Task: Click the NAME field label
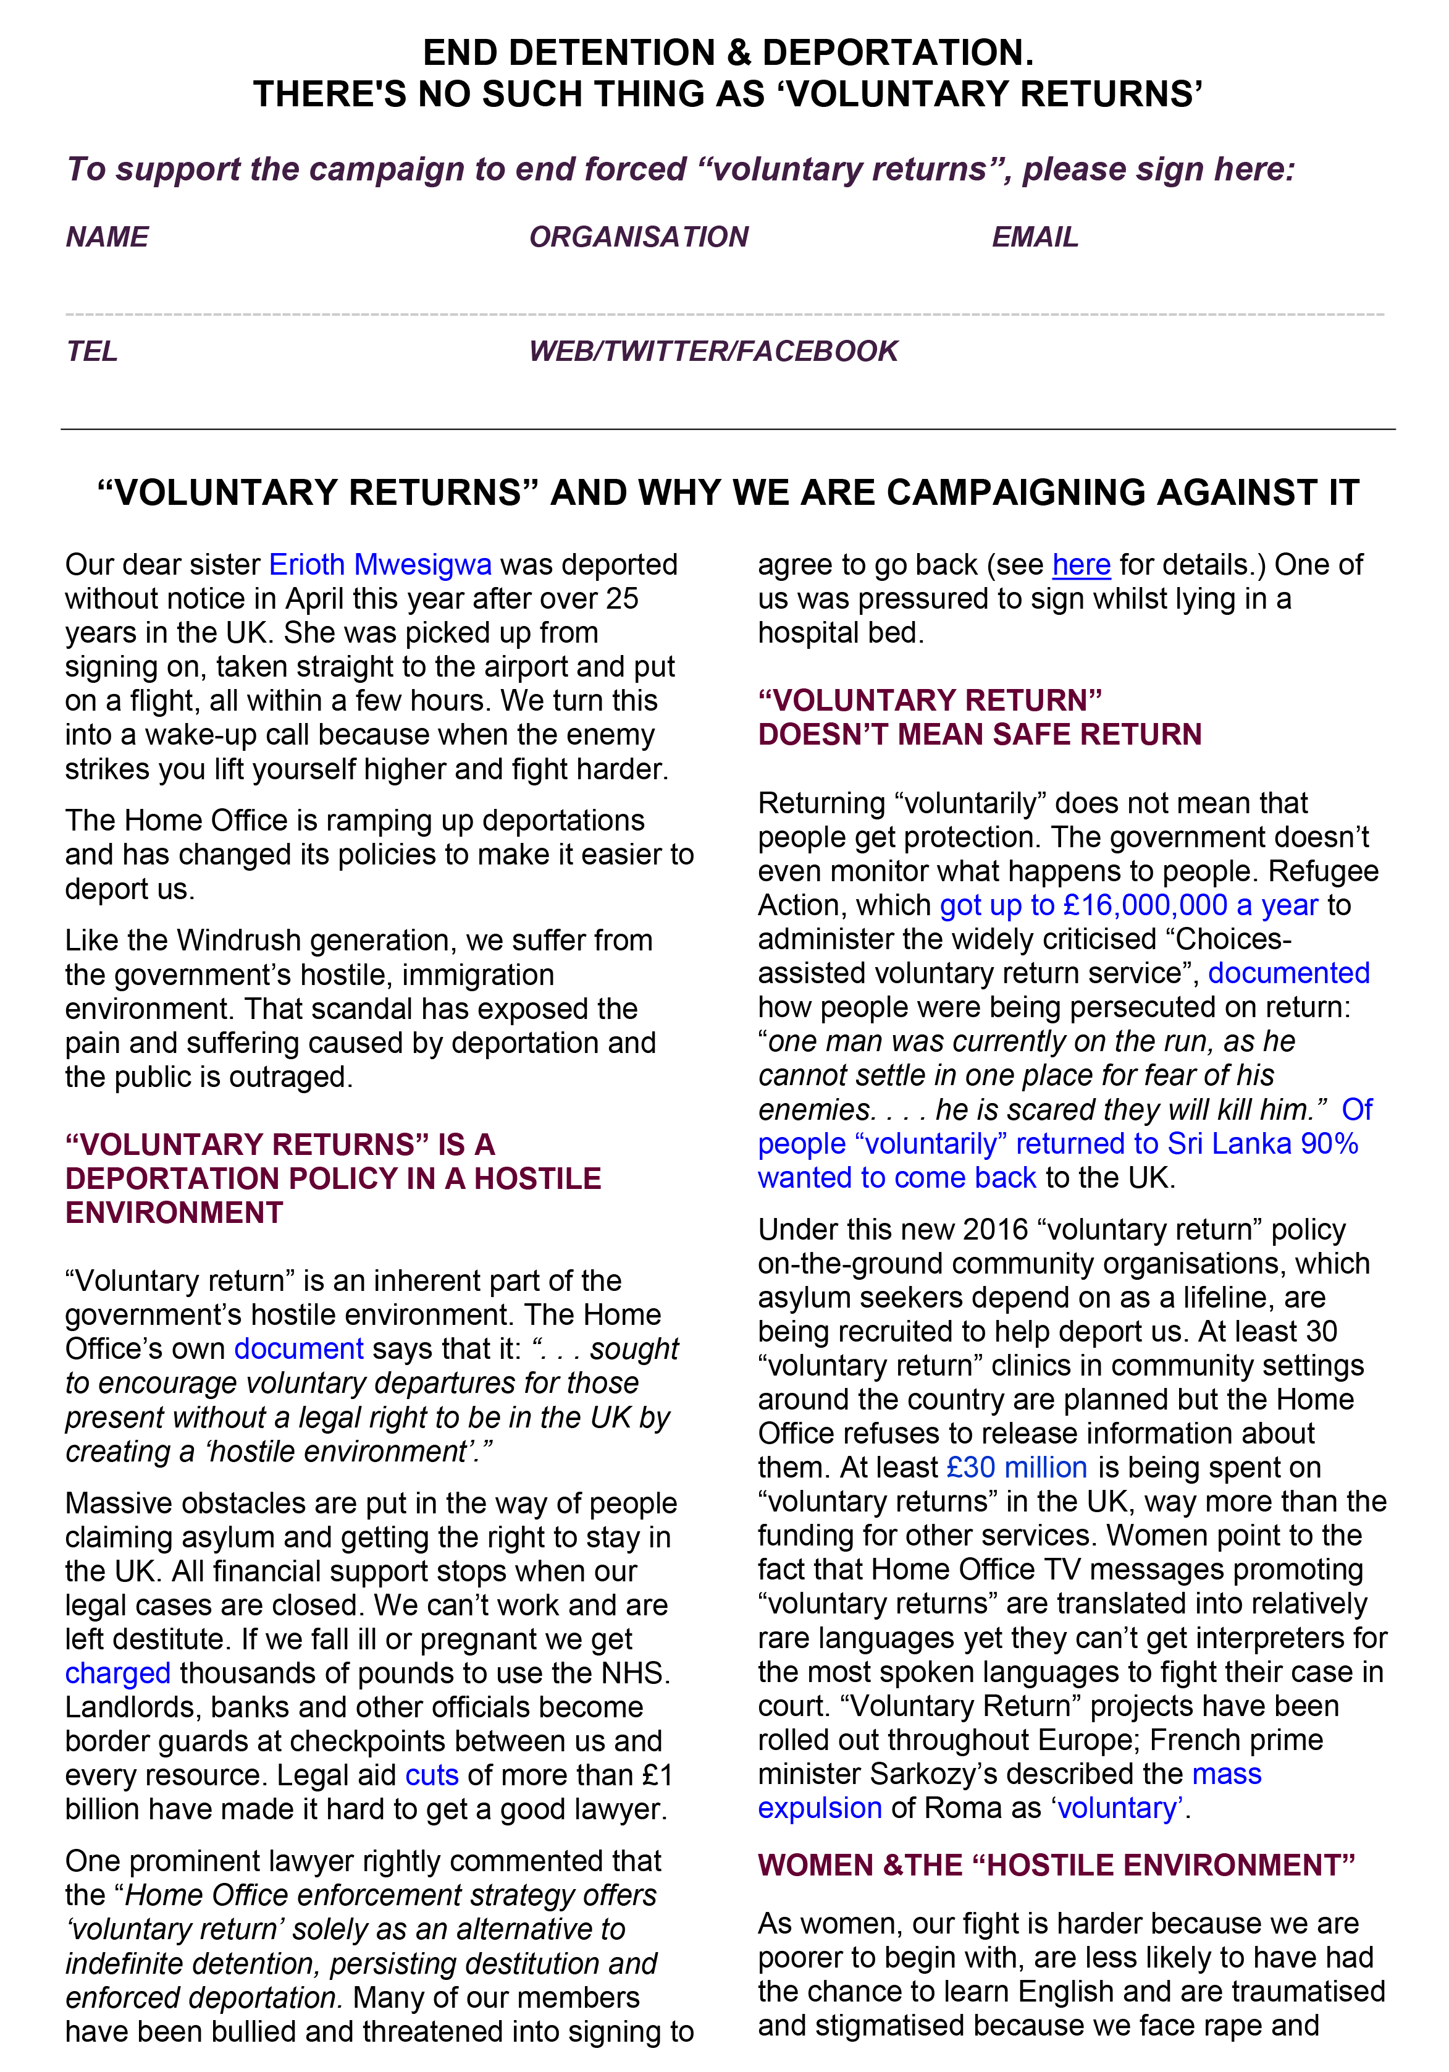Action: click(x=106, y=237)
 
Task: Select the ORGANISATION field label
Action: click(x=638, y=237)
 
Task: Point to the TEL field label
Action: click(x=91, y=351)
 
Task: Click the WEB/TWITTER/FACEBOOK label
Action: click(x=713, y=351)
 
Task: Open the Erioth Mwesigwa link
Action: click(x=380, y=564)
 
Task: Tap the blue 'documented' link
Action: click(x=1288, y=973)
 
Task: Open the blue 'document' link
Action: click(x=299, y=1348)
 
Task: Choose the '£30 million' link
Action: click(x=1016, y=1468)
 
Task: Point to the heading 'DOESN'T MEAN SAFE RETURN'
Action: click(x=979, y=735)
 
